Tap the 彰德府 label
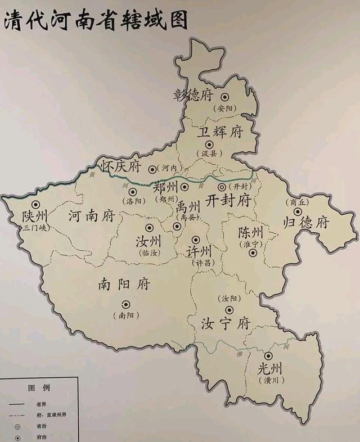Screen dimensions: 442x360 193,94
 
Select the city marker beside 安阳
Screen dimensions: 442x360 225,97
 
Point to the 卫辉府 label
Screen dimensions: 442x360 220,132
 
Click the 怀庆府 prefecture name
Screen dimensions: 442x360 121,166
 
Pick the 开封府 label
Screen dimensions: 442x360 228,200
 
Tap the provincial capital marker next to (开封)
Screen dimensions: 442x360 222,187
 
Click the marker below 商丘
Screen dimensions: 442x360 297,211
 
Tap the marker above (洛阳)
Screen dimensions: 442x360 133,192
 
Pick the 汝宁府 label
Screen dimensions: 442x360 225,324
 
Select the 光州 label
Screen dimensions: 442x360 269,369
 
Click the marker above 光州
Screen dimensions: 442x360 268,356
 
